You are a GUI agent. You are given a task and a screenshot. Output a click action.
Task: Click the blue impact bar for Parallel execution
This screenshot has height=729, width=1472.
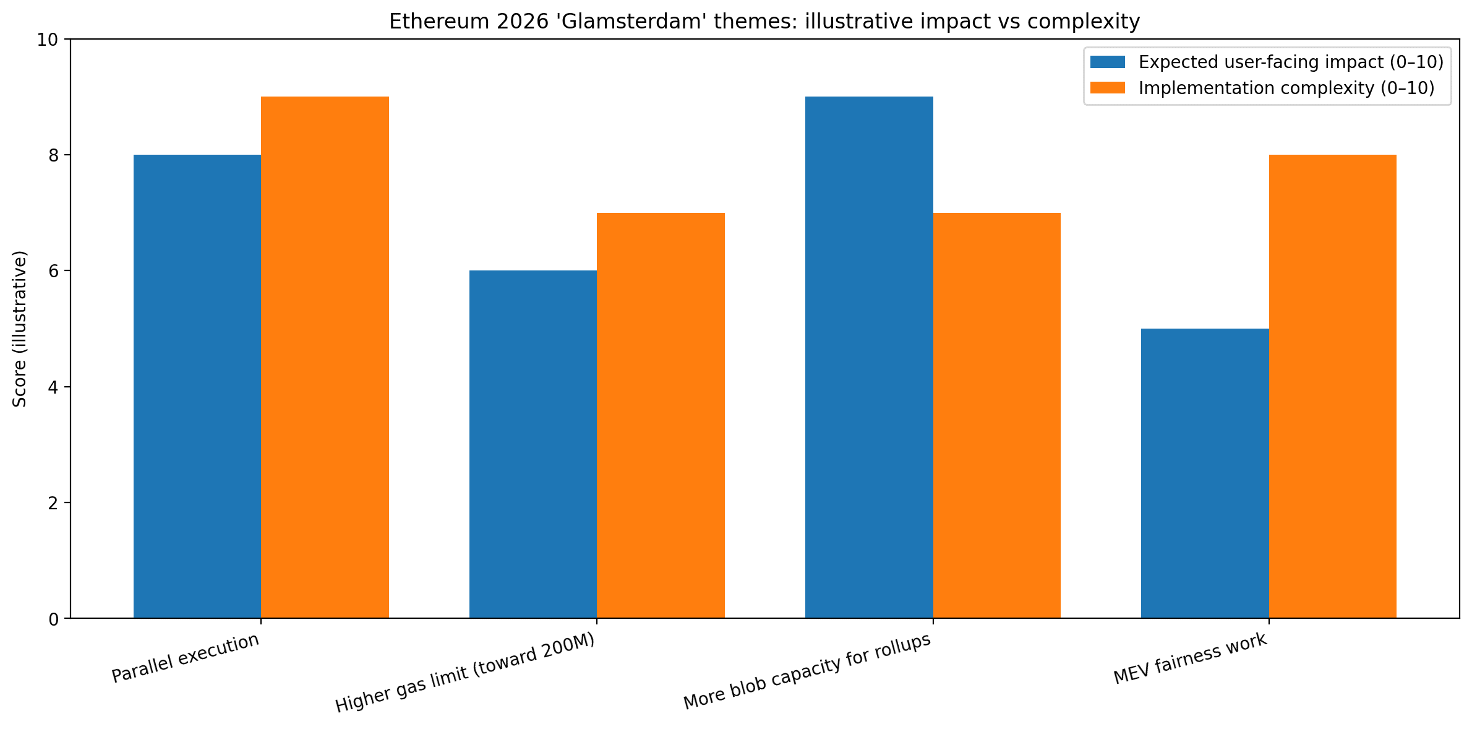197,386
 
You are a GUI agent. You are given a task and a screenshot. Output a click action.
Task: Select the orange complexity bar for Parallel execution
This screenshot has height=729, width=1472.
325,357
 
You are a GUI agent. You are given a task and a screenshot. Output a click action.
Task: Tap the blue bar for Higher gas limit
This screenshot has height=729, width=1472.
533,444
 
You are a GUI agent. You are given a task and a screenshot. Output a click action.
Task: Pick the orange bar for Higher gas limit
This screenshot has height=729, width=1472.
661,415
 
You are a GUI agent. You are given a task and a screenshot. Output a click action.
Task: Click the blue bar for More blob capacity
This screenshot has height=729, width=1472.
869,357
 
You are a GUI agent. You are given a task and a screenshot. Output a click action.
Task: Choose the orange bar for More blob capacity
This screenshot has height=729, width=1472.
996,415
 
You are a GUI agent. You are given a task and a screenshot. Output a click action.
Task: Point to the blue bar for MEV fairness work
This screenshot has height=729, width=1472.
1205,473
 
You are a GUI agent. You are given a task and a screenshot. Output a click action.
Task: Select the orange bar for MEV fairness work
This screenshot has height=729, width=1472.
1332,386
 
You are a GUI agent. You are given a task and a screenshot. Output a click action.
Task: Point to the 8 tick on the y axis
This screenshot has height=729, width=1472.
54,155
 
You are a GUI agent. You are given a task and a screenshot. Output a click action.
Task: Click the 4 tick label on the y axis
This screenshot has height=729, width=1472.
54,387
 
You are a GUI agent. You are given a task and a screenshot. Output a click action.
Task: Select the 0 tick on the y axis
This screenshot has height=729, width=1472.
54,619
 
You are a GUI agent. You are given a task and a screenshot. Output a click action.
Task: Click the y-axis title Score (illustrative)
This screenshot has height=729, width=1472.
20,329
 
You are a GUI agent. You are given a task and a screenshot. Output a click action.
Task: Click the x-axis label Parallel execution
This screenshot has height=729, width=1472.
186,658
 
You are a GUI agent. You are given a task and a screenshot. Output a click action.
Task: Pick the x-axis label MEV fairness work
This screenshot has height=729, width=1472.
1191,659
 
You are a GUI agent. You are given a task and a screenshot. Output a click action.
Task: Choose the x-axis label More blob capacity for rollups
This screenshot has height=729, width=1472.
807,671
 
